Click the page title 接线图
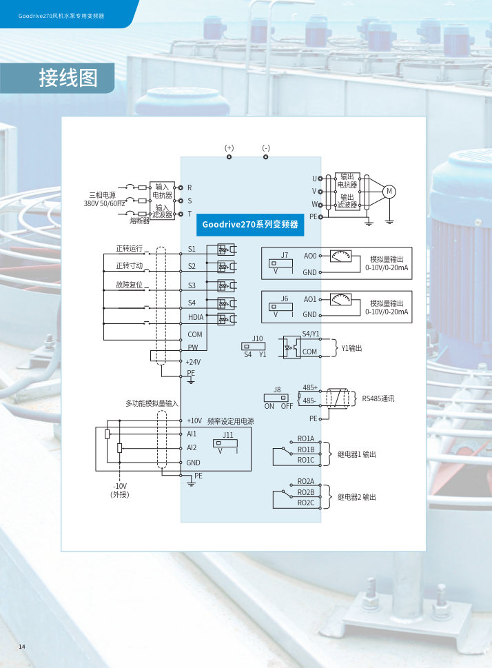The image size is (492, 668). (68, 79)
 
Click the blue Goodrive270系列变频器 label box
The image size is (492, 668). (250, 224)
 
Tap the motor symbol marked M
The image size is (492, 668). (389, 191)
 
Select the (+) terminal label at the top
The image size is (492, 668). (229, 148)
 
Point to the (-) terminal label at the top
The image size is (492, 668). (266, 148)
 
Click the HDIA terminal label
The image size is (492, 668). (196, 318)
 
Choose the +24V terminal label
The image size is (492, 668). (193, 362)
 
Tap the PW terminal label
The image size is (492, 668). (193, 348)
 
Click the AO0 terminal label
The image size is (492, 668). (310, 256)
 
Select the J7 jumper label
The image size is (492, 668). (285, 255)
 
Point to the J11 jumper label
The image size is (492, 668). (228, 435)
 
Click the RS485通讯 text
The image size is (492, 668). (378, 398)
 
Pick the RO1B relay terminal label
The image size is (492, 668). (306, 449)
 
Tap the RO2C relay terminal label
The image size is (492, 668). (306, 503)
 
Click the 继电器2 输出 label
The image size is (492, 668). (357, 497)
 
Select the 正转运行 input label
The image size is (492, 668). (130, 248)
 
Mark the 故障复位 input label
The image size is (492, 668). (130, 285)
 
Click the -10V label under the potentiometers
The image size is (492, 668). (120, 486)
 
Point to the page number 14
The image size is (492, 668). (22, 646)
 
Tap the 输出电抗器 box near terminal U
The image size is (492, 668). (347, 181)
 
